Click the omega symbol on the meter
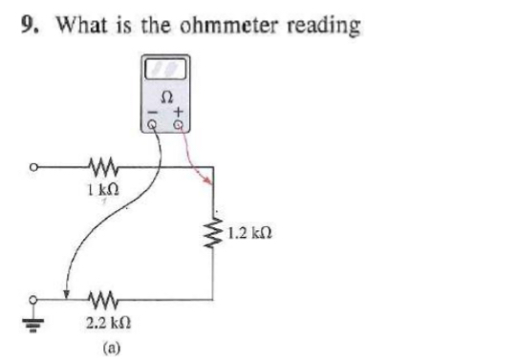pyautogui.click(x=168, y=95)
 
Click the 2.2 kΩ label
pyautogui.click(x=103, y=318)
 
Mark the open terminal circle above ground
pyautogui.click(x=35, y=297)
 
